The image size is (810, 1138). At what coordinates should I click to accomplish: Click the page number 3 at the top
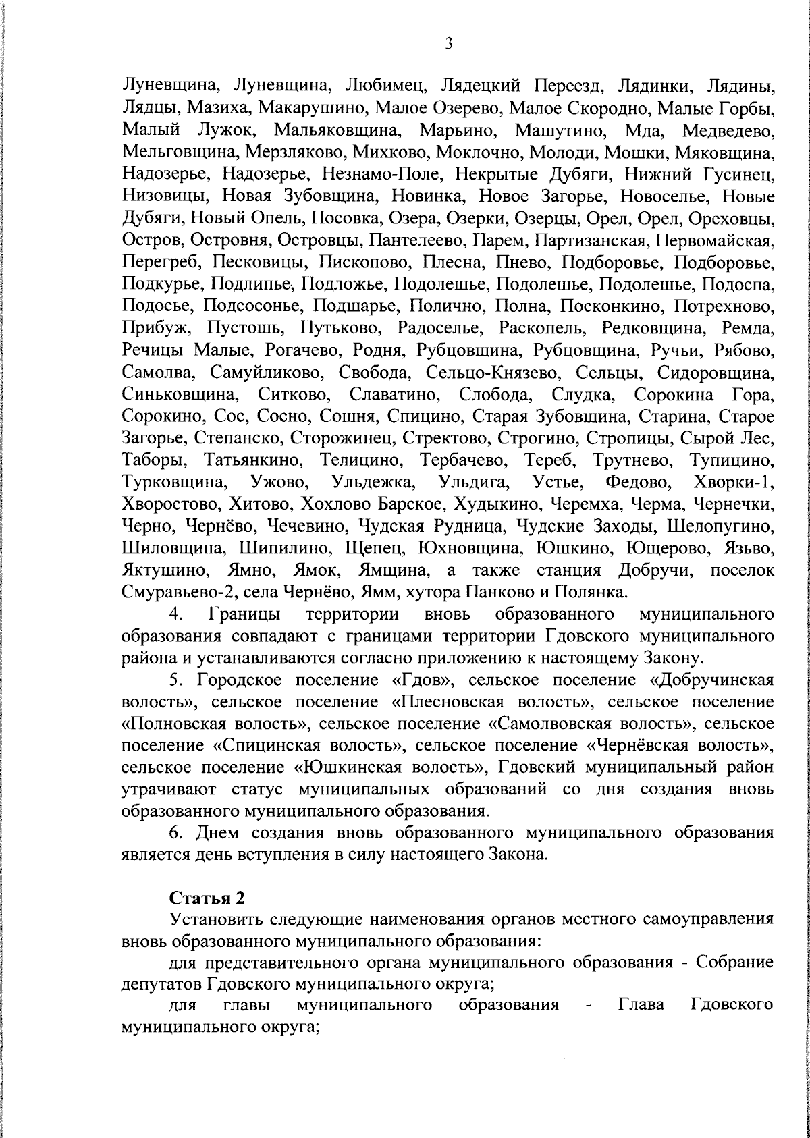[448, 44]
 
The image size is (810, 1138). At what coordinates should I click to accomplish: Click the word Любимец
[384, 87]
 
